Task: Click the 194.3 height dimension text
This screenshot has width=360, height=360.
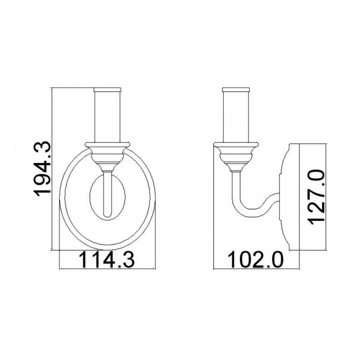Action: [42, 169]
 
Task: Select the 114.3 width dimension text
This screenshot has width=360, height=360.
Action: [107, 259]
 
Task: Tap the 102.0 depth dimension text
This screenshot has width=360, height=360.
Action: [256, 259]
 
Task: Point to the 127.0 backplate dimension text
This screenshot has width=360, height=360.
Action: [316, 197]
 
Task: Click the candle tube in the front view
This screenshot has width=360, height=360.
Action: [107, 116]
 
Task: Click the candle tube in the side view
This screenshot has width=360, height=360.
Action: [236, 116]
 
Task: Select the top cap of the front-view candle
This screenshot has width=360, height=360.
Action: [107, 89]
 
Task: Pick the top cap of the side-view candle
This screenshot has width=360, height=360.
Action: [236, 89]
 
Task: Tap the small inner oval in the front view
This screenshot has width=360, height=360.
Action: [90, 197]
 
